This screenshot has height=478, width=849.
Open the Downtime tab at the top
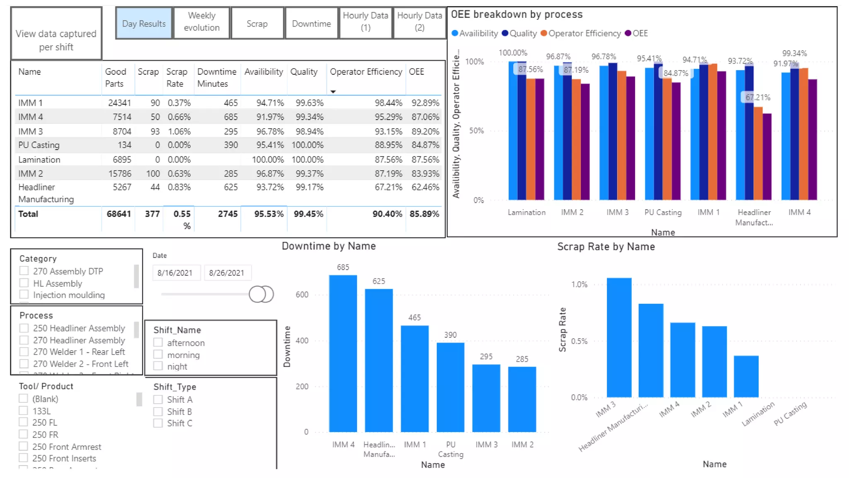[x=311, y=24]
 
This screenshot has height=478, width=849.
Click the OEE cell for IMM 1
[x=425, y=103]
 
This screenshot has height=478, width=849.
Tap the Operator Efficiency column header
[x=366, y=72]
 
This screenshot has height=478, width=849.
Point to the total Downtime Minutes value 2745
[x=228, y=214]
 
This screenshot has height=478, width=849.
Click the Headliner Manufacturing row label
[x=46, y=193]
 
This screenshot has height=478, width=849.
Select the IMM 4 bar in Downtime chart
[x=343, y=353]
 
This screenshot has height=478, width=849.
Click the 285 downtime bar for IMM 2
[x=522, y=399]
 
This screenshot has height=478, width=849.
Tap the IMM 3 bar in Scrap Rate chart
[x=619, y=337]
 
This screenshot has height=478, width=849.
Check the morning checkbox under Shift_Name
[x=158, y=355]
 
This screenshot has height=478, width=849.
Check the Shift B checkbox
[x=158, y=412]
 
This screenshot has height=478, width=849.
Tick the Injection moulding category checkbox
[x=24, y=295]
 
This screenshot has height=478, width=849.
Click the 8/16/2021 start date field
[x=175, y=273]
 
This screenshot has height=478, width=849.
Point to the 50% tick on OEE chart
[x=476, y=131]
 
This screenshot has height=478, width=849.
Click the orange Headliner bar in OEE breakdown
[x=758, y=153]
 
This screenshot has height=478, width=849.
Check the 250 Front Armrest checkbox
[x=24, y=446]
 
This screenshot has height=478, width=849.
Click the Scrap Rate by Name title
[x=606, y=247]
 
